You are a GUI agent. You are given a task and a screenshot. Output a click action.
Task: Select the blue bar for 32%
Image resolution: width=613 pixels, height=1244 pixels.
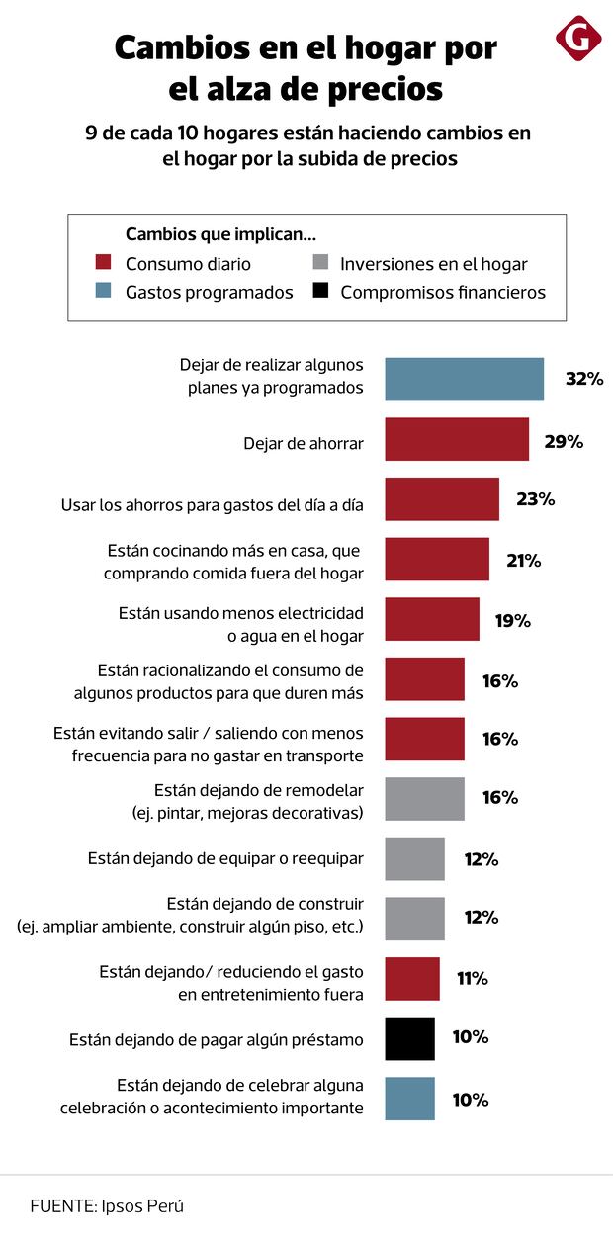[x=464, y=379]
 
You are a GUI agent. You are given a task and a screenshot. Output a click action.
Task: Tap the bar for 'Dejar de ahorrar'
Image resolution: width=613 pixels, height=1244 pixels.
[x=456, y=440]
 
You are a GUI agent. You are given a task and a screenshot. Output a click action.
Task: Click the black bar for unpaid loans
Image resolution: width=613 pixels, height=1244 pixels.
[x=409, y=1038]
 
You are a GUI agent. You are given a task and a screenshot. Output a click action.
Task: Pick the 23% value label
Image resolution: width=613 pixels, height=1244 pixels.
[x=535, y=499]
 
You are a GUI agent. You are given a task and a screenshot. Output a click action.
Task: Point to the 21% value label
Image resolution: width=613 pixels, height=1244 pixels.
[x=523, y=561]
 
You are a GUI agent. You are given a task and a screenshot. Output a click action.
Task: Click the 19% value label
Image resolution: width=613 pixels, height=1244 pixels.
[x=513, y=621]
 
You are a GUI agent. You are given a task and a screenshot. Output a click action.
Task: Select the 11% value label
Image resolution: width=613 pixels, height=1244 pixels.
[x=472, y=979]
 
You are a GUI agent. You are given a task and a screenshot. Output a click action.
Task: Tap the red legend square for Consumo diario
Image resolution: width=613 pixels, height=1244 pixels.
[x=102, y=263]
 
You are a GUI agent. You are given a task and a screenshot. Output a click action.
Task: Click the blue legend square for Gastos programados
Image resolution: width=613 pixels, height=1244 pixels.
[x=102, y=291]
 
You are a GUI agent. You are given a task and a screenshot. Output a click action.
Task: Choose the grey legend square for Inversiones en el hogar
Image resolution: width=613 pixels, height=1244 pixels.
[x=319, y=263]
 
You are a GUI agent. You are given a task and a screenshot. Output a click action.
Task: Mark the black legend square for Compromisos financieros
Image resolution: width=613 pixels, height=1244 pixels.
[x=319, y=291]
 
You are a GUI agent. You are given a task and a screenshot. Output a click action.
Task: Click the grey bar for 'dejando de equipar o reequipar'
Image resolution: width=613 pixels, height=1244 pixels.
[x=414, y=859]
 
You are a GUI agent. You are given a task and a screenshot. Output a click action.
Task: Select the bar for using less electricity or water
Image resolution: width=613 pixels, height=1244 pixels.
[x=431, y=620]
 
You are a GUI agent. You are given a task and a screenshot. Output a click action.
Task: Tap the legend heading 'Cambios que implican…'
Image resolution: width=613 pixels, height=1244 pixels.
[x=220, y=234]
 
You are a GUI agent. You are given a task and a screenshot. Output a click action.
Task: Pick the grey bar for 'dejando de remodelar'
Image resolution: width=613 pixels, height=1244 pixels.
[x=424, y=798]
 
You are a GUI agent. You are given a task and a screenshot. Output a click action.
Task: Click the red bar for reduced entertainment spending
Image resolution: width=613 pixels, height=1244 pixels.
[x=411, y=979]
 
